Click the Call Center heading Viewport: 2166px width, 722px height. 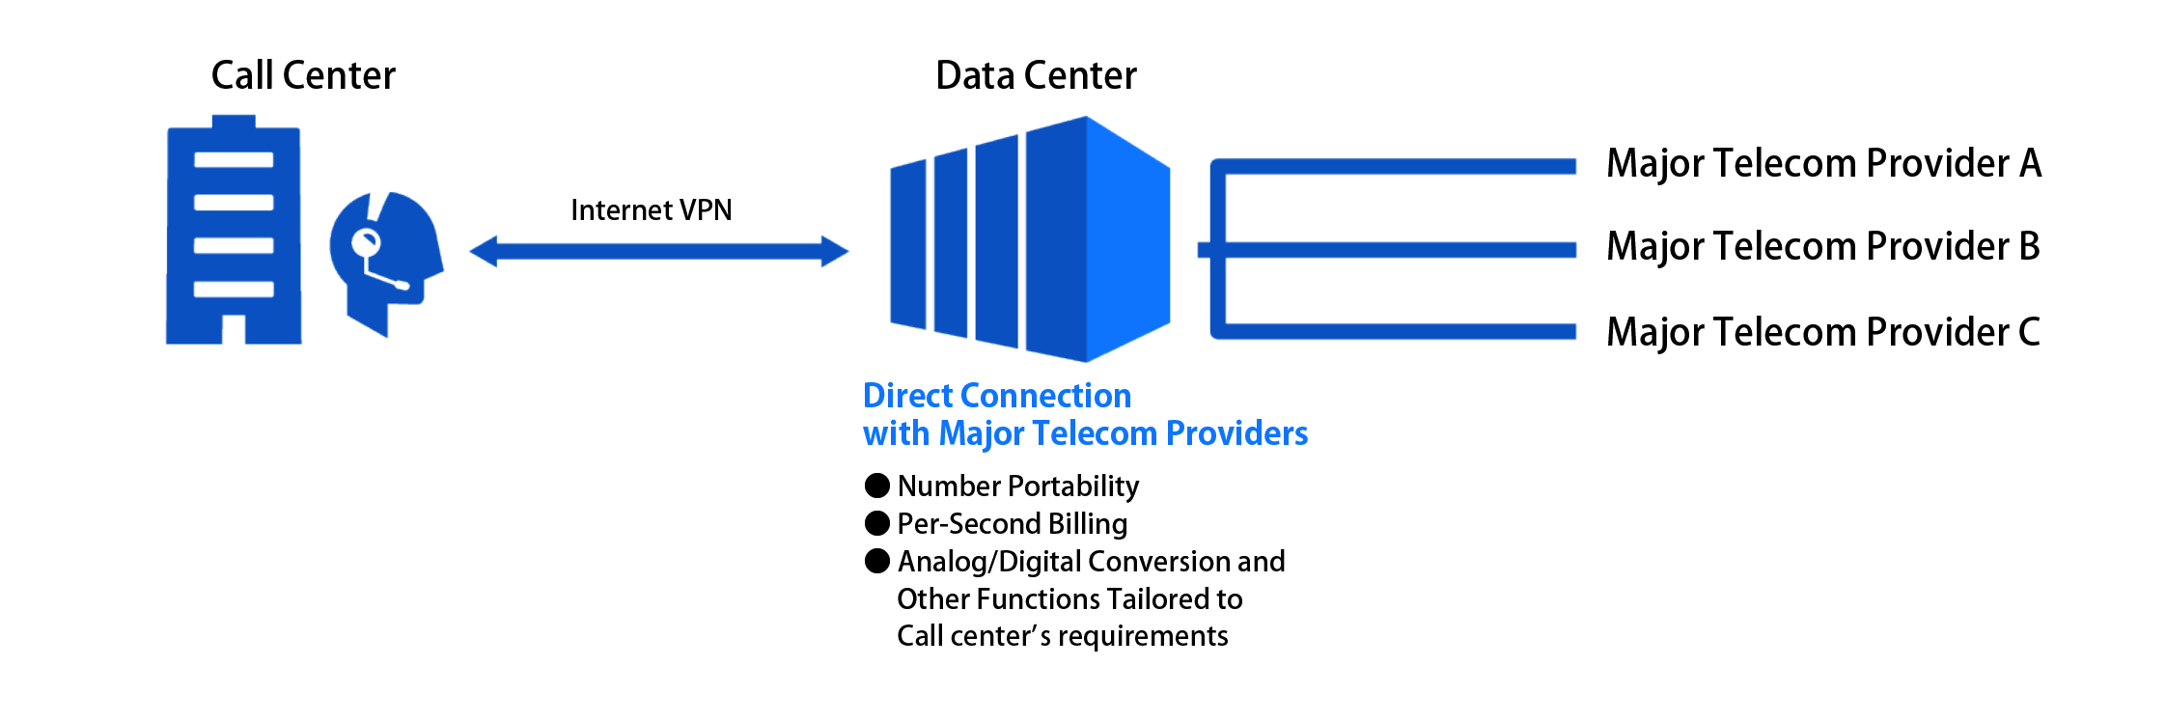[303, 75]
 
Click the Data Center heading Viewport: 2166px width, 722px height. [1036, 75]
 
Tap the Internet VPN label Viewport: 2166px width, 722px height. [651, 209]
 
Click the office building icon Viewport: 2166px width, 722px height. [234, 232]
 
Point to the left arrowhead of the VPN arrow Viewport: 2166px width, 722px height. [483, 252]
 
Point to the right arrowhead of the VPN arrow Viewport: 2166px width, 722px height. [834, 252]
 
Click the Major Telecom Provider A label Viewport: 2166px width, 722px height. [1823, 163]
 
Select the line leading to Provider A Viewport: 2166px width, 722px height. [1400, 166]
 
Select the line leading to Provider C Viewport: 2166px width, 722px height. [1400, 332]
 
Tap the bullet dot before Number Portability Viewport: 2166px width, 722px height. [876, 485]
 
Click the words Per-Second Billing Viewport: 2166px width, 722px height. [1012, 523]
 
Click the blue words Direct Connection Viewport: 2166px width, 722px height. [996, 396]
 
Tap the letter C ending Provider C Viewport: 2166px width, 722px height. [2029, 332]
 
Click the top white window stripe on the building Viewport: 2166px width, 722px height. [234, 159]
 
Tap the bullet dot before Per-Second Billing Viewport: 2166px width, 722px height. [876, 523]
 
